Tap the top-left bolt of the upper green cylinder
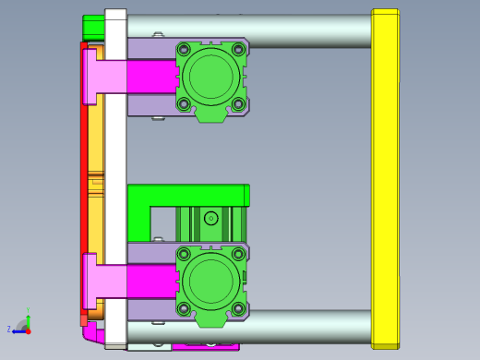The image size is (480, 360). [184, 50]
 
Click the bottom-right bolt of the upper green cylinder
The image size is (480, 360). [238, 103]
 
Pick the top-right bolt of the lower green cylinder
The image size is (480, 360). [238, 254]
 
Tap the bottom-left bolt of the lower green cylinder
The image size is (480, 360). [184, 308]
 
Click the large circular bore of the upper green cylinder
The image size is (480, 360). [211, 77]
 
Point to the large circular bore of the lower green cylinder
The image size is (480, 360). [211, 281]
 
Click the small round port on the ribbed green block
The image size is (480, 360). [211, 219]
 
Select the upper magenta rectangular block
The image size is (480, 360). [150, 77]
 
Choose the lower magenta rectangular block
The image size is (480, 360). [150, 281]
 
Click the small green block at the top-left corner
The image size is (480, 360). [92, 26]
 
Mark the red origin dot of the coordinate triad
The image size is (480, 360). [28, 330]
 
